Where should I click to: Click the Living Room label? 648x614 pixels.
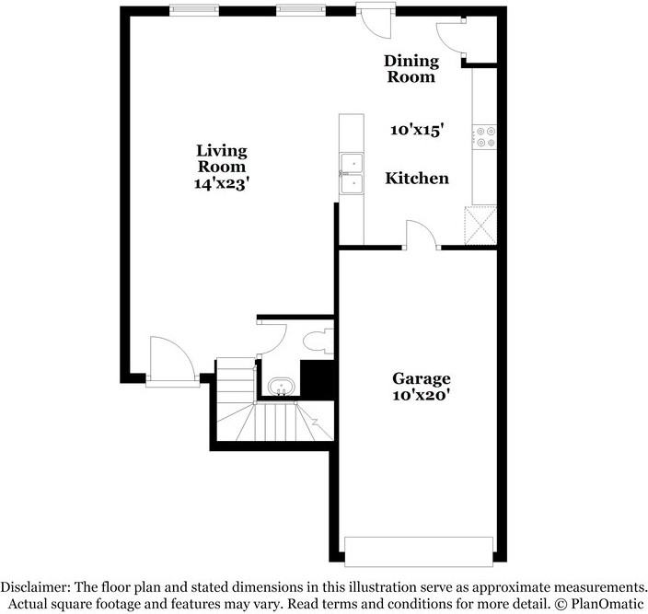pos(222,158)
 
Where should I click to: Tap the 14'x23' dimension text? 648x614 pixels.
pos(222,183)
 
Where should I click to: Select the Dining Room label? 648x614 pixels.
pos(411,69)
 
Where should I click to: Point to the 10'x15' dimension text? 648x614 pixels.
pos(418,131)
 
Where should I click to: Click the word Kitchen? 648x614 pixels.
pos(417,179)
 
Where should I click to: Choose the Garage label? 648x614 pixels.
pos(422,378)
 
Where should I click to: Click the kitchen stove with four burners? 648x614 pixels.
pos(485,137)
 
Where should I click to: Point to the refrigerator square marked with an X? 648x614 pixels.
pos(482,224)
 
